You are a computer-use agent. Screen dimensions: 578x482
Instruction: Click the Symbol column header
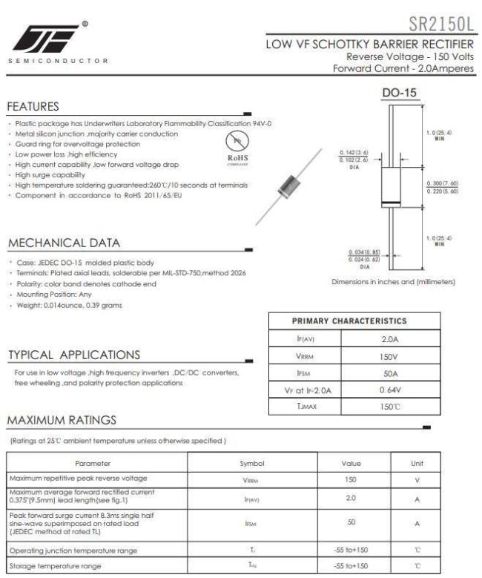click(x=251, y=463)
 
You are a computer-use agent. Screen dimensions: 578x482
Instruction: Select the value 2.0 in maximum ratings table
click(x=351, y=499)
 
